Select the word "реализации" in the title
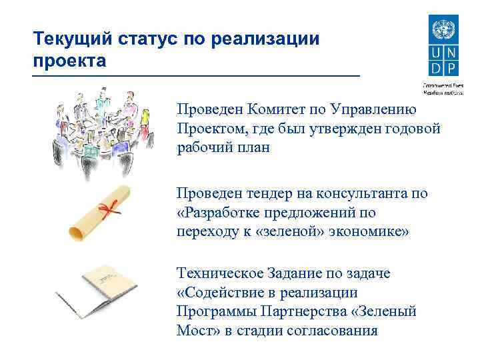265,38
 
